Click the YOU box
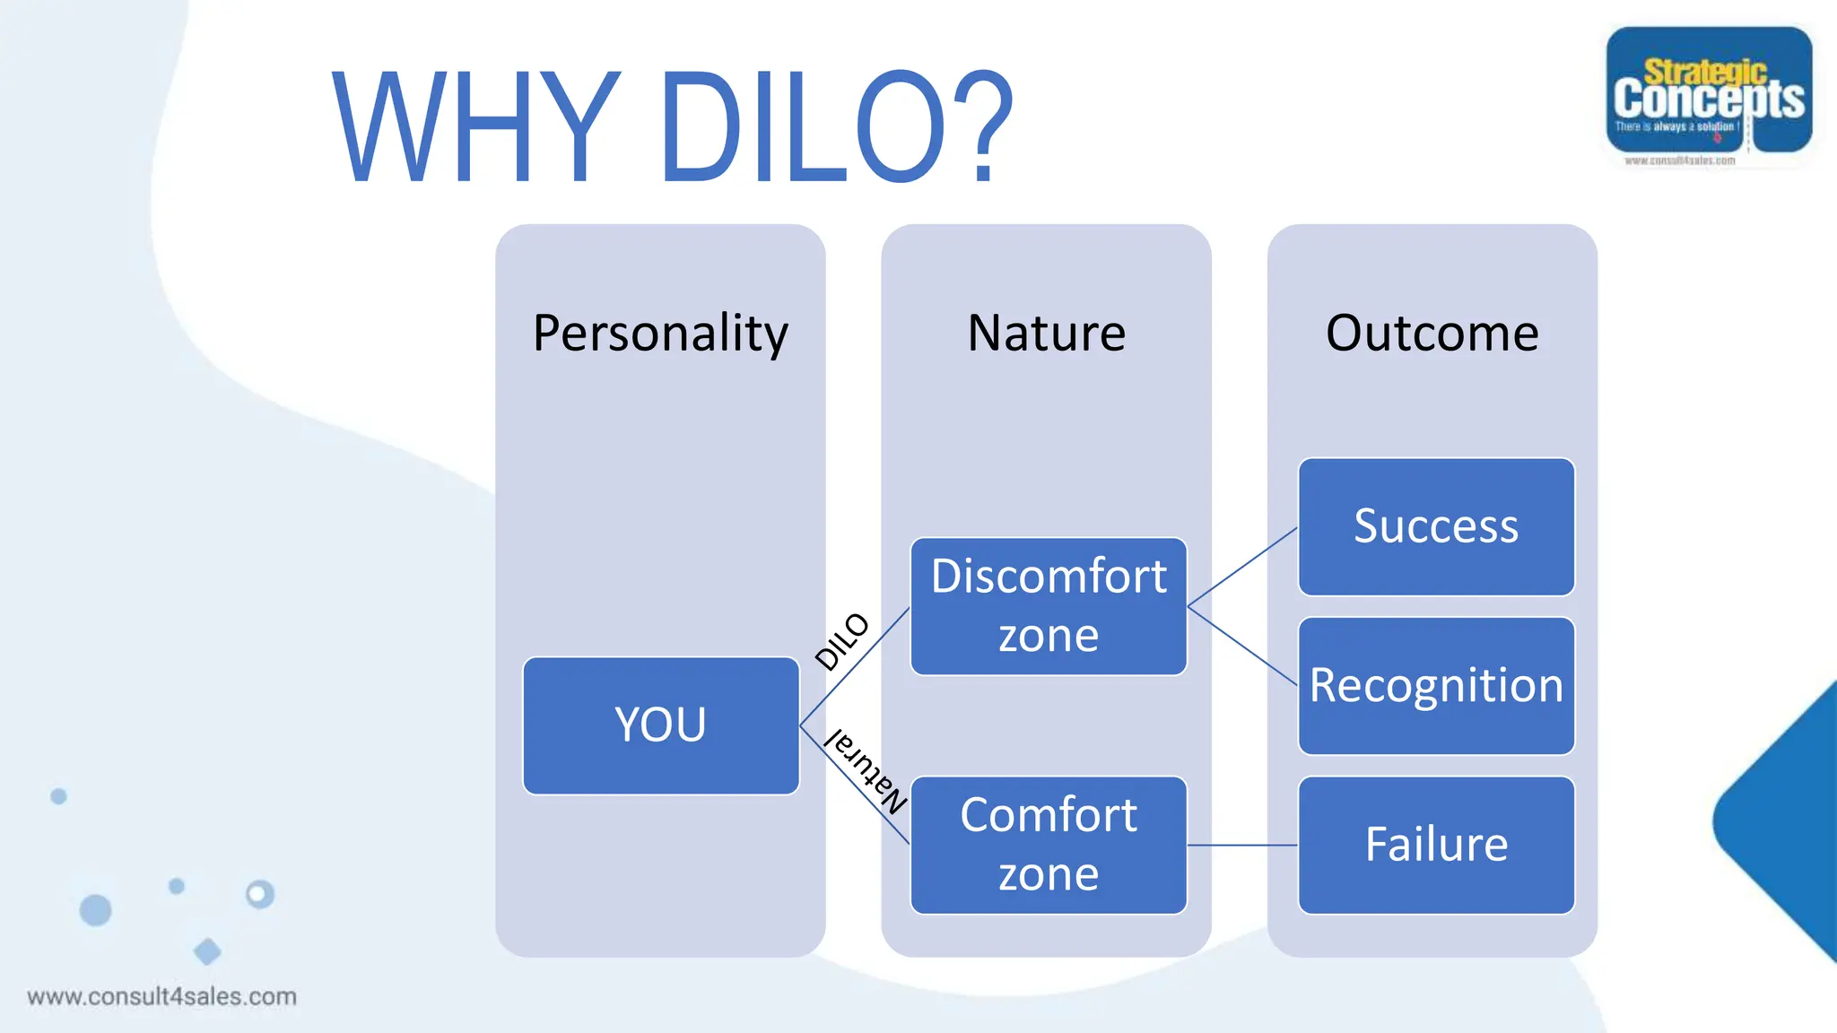661,725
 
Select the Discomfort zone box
1049,606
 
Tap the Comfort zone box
1049,845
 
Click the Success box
1436,526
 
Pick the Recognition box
1436,686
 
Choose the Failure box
1436,845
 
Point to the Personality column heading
660,334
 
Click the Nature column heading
1047,334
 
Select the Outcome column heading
1432,334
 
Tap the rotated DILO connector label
841,641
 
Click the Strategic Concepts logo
1709,94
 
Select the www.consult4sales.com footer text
161,996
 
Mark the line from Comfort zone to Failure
1242,845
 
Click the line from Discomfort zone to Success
1242,568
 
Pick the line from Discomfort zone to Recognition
1242,647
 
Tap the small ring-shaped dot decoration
260,894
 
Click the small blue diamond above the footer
207,951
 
